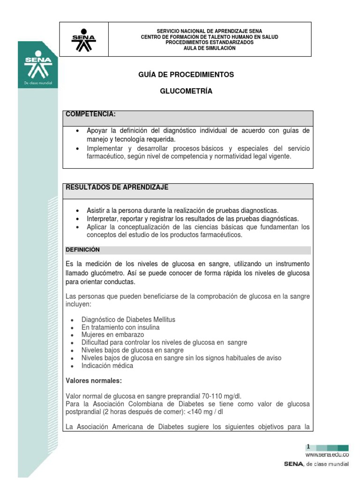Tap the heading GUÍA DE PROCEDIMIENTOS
coord(186,75)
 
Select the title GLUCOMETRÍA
coord(186,91)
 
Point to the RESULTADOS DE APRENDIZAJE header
coord(117,187)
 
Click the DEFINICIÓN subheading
coord(82,250)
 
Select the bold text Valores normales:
coord(93,381)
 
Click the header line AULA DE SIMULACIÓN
coord(210,48)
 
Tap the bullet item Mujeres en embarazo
coord(112,335)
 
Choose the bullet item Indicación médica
coord(107,366)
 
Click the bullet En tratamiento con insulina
coord(120,327)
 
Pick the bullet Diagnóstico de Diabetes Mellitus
coord(128,320)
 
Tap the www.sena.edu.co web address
coord(327,455)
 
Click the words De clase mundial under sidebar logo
coord(38,83)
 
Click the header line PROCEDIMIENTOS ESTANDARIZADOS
coord(210,42)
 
